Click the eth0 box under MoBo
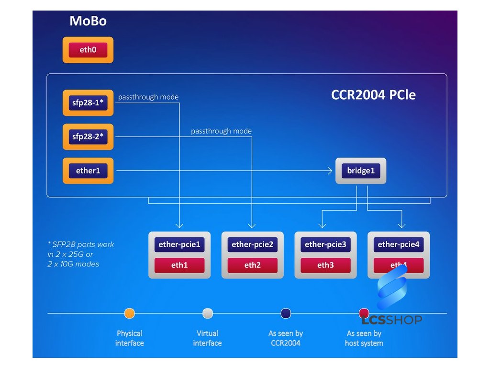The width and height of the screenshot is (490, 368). click(x=88, y=50)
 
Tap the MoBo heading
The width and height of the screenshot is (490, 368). click(x=88, y=21)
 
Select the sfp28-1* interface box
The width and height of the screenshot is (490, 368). click(x=88, y=103)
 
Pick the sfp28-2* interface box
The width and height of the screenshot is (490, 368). click(x=88, y=137)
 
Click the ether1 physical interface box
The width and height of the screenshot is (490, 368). click(x=88, y=171)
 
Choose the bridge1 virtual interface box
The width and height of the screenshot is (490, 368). click(x=361, y=171)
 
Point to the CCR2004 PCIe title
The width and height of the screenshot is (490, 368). click(x=373, y=95)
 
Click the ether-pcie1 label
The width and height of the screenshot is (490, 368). click(x=179, y=244)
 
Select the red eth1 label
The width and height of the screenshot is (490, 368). click(x=179, y=265)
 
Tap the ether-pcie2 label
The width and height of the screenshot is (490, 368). click(x=252, y=244)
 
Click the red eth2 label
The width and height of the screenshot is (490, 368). click(x=252, y=265)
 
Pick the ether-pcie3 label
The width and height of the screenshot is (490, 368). click(x=325, y=244)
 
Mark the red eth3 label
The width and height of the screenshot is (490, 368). click(x=325, y=265)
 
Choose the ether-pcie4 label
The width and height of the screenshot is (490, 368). click(x=398, y=244)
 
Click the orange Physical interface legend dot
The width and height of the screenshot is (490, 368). click(x=129, y=313)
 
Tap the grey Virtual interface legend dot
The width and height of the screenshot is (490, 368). click(x=207, y=313)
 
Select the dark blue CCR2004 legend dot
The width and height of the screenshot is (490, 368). click(x=286, y=313)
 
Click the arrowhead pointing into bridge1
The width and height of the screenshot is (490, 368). click(x=331, y=171)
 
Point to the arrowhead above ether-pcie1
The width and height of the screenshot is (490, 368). click(x=179, y=225)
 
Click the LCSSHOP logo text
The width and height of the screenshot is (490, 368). click(x=391, y=320)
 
